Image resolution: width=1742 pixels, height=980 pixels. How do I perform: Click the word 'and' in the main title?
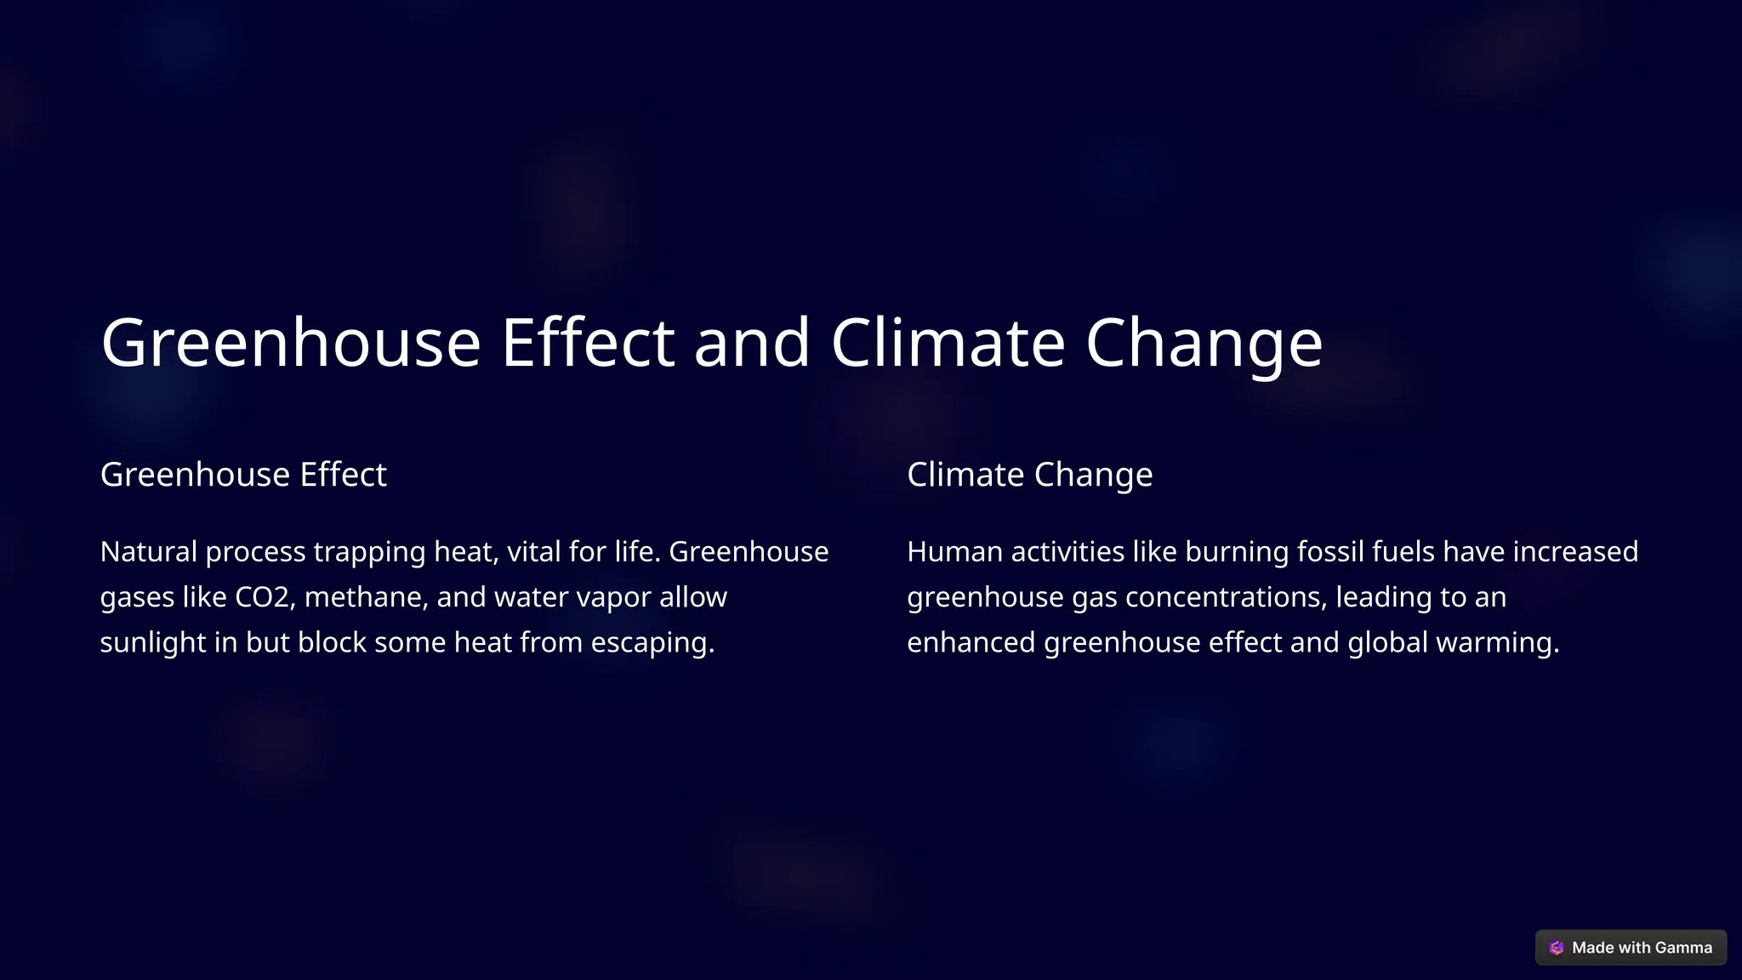[x=752, y=342]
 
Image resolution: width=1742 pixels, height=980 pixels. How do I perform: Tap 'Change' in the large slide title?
[x=1204, y=342]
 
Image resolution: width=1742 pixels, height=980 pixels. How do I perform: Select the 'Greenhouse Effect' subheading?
[x=243, y=475]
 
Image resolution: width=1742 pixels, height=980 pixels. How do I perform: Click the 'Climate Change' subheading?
[x=1029, y=475]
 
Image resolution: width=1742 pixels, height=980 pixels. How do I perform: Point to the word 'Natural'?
[x=148, y=552]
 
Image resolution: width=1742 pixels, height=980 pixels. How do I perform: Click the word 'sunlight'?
[x=153, y=642]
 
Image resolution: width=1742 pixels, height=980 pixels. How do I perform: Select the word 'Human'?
[x=954, y=552]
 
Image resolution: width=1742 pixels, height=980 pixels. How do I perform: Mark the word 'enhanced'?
[x=971, y=642]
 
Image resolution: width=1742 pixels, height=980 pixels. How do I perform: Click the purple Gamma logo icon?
[x=1557, y=948]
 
